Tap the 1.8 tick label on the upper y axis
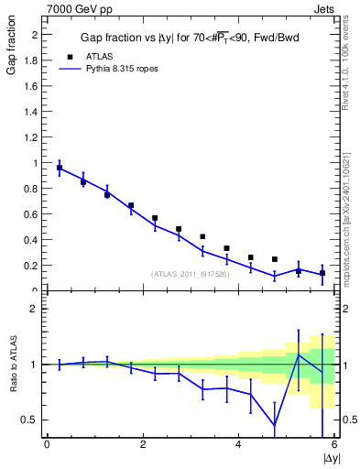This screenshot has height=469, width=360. [31, 60]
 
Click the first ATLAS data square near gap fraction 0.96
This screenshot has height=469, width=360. [60, 169]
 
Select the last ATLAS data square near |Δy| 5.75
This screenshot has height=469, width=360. [322, 273]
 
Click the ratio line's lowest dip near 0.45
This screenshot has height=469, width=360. [275, 425]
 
